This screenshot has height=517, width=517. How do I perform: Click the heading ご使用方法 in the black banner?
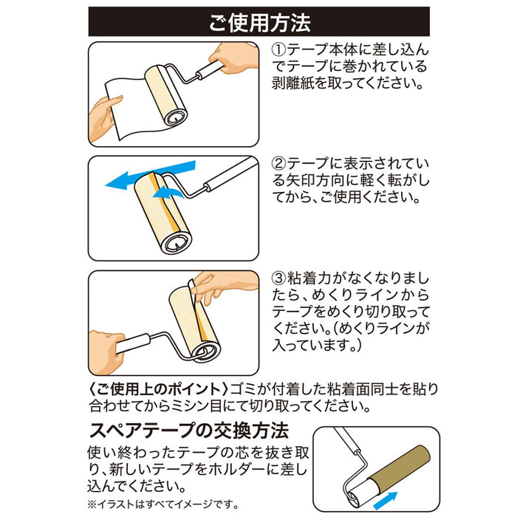tap(258, 22)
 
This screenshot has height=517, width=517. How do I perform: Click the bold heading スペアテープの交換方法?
tap(188, 430)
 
